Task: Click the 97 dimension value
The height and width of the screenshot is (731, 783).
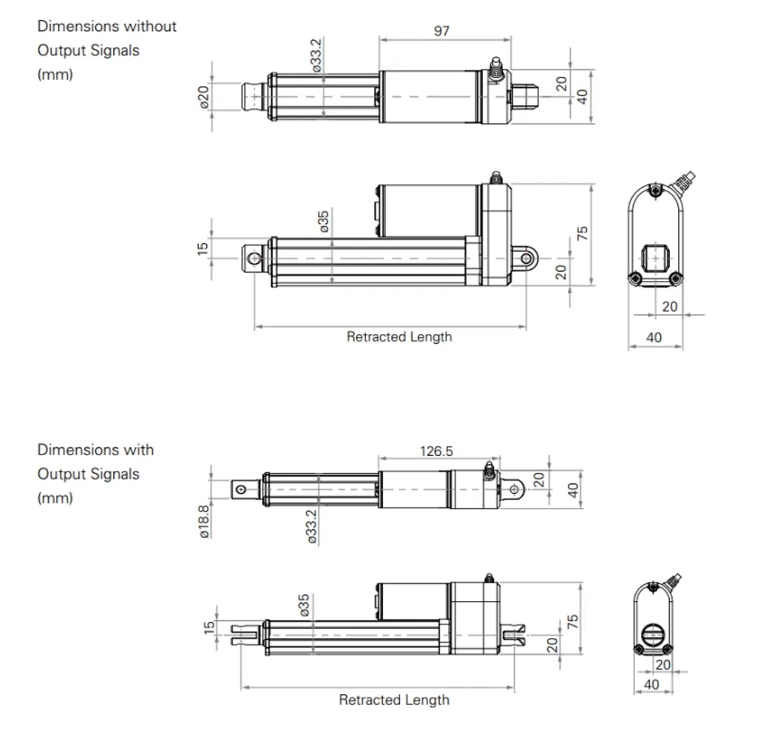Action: [x=441, y=31]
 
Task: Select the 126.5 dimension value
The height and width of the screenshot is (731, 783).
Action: [x=437, y=451]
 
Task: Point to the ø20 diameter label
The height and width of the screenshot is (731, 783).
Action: [x=204, y=96]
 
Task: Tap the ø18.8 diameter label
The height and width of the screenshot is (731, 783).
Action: [x=204, y=520]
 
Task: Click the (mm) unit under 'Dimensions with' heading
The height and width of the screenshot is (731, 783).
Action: [x=55, y=497]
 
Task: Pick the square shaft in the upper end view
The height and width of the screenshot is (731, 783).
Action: [x=655, y=257]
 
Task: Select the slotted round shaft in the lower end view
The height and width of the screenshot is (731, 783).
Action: [x=653, y=636]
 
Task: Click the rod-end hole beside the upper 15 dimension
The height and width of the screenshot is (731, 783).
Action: [x=254, y=258]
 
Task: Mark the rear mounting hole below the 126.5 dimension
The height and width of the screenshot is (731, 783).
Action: [x=514, y=489]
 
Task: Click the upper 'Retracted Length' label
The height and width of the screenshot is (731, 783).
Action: [x=399, y=337]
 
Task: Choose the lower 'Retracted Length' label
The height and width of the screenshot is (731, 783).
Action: [x=393, y=699]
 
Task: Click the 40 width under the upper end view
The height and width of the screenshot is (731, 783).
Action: [x=654, y=338]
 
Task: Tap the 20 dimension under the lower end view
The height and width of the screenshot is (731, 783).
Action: [x=662, y=664]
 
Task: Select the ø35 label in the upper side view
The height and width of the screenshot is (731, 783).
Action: [x=324, y=222]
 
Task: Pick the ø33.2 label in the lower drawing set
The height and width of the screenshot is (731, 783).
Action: [x=311, y=526]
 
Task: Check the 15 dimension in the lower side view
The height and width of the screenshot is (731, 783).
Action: [x=209, y=627]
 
